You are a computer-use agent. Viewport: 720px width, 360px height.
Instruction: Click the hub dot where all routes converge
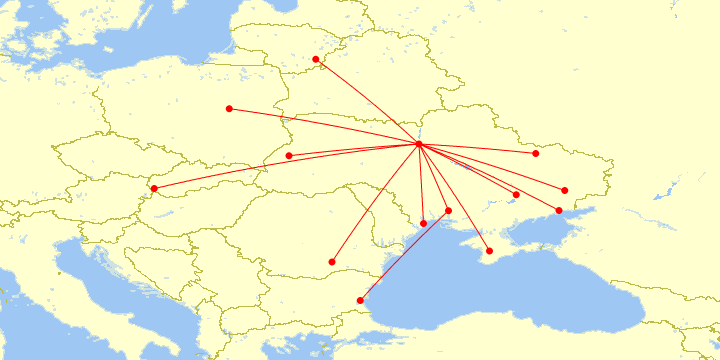(x=418, y=145)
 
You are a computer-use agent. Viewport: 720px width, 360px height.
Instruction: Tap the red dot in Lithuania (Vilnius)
(x=316, y=59)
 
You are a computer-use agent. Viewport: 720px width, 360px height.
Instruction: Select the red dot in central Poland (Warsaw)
(x=229, y=108)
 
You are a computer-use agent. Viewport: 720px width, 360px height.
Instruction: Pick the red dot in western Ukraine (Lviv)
(x=289, y=156)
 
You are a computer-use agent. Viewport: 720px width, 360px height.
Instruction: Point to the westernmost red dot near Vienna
(x=154, y=189)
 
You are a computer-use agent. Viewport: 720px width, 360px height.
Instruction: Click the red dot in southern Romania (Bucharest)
(x=332, y=262)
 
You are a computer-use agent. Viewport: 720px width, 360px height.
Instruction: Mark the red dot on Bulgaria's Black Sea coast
(x=360, y=300)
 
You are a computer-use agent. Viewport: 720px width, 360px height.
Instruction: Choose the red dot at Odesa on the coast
(x=423, y=223)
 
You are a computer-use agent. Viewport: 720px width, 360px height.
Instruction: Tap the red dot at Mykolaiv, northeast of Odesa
(x=448, y=211)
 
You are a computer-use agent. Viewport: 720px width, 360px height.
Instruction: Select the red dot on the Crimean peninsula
(x=489, y=251)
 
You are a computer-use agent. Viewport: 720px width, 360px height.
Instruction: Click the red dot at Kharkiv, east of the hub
(x=536, y=153)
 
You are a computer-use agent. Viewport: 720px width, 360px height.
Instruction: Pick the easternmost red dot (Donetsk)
(x=565, y=190)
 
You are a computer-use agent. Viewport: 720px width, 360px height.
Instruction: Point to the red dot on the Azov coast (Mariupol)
(x=559, y=210)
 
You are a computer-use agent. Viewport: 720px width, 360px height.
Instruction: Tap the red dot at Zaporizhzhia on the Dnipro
(x=516, y=195)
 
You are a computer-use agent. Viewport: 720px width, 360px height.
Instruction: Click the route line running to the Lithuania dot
(x=367, y=102)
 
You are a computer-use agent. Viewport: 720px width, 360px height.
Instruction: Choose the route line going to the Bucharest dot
(x=375, y=204)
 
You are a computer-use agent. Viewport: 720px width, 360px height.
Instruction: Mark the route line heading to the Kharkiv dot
(x=477, y=149)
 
